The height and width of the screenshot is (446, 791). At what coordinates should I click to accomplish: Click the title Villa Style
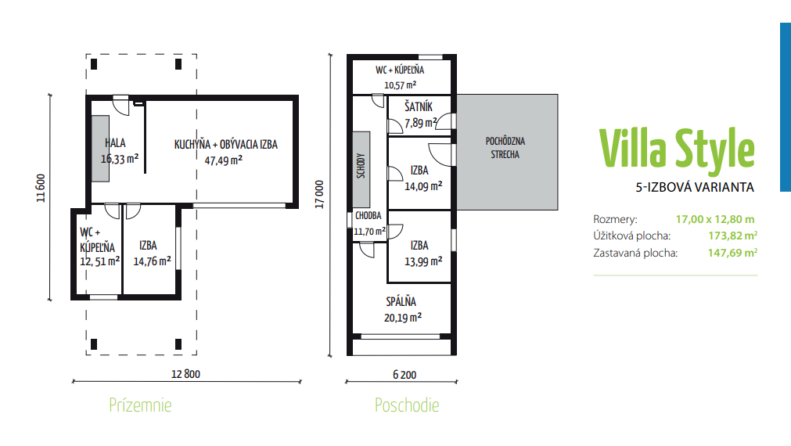click(678, 148)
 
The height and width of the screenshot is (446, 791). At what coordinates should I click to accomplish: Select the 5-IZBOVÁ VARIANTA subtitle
click(695, 187)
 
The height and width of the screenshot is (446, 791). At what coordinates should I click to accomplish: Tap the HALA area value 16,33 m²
click(120, 157)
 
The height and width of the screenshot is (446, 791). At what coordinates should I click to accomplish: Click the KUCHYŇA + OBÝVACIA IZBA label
click(225, 145)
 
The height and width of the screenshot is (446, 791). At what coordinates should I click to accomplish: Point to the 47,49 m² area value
click(223, 159)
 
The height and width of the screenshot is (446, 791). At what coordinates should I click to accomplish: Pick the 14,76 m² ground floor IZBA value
click(152, 262)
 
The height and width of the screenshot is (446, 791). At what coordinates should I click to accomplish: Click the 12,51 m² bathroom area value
click(99, 261)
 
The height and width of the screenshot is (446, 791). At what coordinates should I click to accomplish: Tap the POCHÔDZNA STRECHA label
click(505, 148)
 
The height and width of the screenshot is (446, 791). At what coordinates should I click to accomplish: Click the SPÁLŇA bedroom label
click(401, 302)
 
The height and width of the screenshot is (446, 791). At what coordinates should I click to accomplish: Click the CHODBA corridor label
click(368, 215)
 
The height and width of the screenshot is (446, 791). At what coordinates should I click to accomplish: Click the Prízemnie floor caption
click(140, 405)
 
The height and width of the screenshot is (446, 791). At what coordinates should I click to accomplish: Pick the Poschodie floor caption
click(407, 405)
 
